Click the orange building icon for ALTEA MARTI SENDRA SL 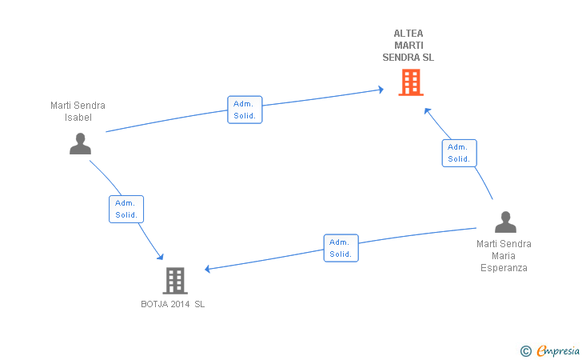(x=410, y=82)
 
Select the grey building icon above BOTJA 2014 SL (x=175, y=280)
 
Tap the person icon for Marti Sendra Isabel (x=80, y=143)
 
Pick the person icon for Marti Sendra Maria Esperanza (x=505, y=222)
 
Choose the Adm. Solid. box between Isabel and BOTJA (x=126, y=209)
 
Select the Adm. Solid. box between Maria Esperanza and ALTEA (x=459, y=153)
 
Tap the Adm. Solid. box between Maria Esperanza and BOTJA (x=341, y=248)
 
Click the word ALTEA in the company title (x=409, y=34)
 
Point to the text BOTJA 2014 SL (x=173, y=304)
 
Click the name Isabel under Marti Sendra (x=78, y=118)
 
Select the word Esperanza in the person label (x=504, y=268)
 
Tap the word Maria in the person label (x=504, y=256)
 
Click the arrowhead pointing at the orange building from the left (x=381, y=90)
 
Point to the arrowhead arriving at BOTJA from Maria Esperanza (x=208, y=269)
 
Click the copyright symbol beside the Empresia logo (x=525, y=350)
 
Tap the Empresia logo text (x=558, y=350)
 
